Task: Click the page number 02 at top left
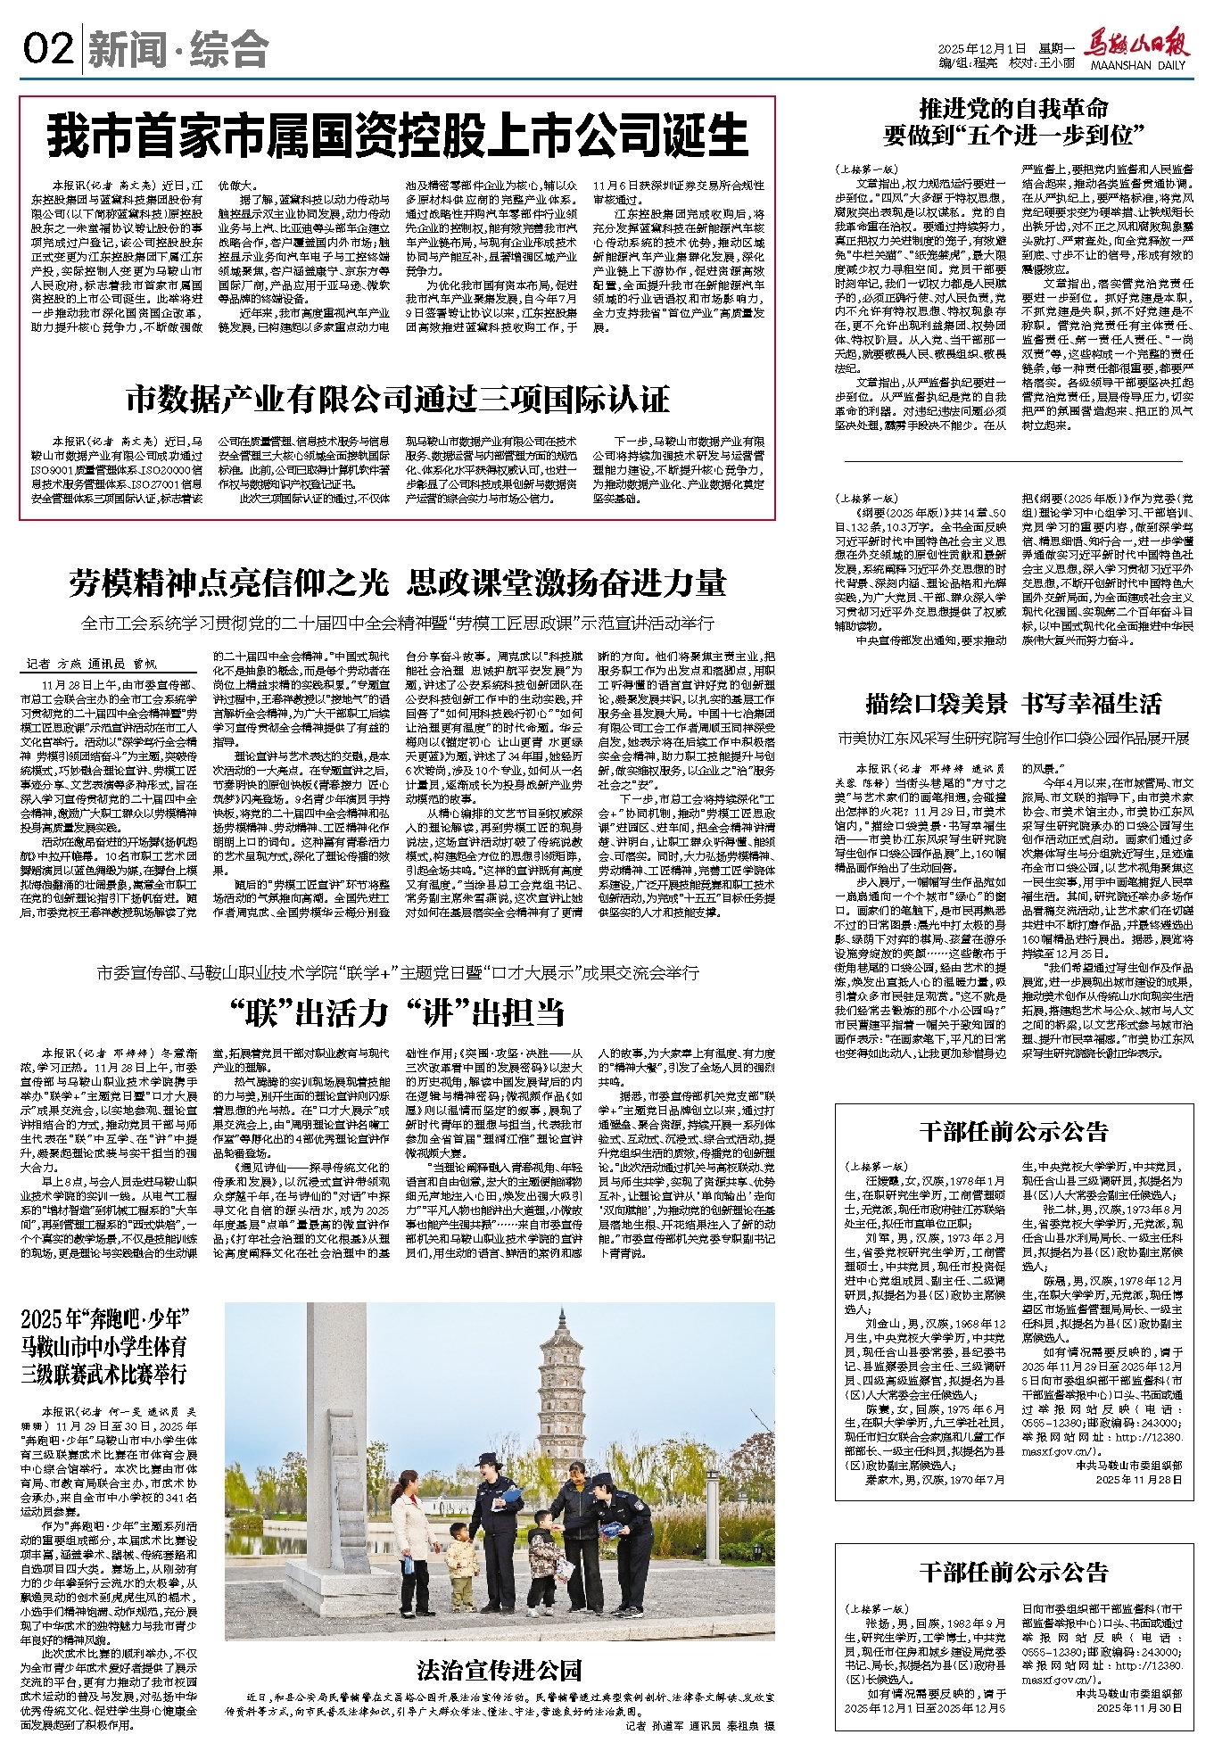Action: click(x=46, y=49)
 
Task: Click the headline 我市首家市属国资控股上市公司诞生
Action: click(x=397, y=136)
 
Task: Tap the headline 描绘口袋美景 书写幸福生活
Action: click(x=1013, y=704)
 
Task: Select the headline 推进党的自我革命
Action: click(x=1013, y=109)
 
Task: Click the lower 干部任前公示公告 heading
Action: click(x=1013, y=1571)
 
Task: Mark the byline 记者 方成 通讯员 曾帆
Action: click(x=92, y=665)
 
